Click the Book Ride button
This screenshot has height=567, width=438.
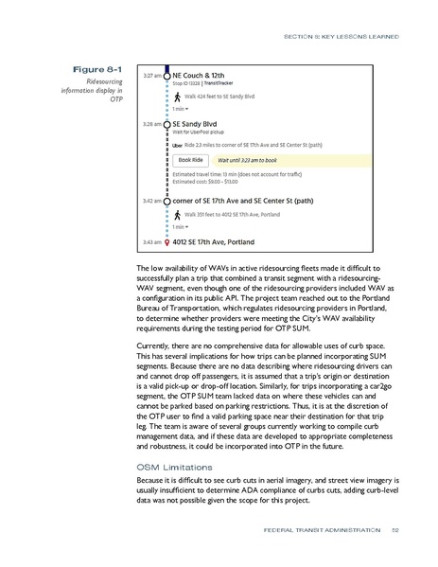[x=191, y=161]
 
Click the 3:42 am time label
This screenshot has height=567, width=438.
[x=150, y=202]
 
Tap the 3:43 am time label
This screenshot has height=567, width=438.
[x=150, y=242]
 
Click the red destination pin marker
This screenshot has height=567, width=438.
[x=166, y=242]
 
